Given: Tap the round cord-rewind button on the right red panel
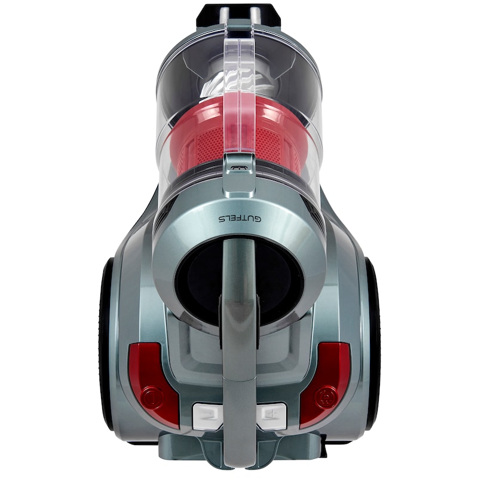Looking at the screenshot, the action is click(326, 397).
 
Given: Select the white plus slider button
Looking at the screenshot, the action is click(271, 416).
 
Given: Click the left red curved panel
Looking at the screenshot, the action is click(152, 385).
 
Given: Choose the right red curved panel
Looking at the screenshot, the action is click(326, 385).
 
